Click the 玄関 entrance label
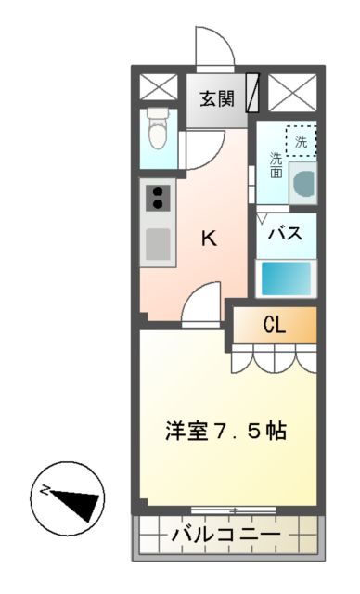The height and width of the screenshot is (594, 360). (x=216, y=97)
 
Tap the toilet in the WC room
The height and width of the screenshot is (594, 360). (x=159, y=129)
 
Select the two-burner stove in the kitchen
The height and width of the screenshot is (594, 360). (x=158, y=198)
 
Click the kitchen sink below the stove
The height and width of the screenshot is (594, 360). (x=158, y=244)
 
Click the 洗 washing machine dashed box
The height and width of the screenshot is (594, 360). (x=300, y=141)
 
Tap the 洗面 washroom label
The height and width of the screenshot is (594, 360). (x=276, y=164)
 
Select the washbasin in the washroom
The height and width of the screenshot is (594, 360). (x=302, y=182)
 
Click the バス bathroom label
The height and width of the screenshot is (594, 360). (x=286, y=235)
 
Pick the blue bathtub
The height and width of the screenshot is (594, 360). (x=286, y=278)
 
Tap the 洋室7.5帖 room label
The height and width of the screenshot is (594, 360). (x=225, y=431)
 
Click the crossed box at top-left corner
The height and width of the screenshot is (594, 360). (x=158, y=89)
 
